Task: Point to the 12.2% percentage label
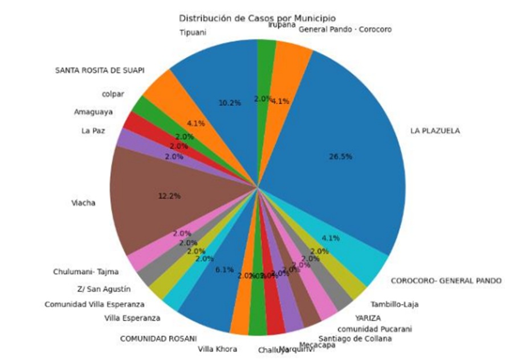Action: pos(169,196)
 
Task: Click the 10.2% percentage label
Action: pos(229,103)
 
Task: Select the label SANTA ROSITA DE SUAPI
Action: pos(99,70)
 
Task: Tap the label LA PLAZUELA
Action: pos(434,131)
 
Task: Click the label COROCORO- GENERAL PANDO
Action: pos(446,281)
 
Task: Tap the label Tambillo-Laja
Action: pos(394,305)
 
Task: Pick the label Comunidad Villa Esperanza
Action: pos(95,304)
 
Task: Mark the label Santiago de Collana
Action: pos(355,339)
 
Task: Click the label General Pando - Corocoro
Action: pos(345,29)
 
